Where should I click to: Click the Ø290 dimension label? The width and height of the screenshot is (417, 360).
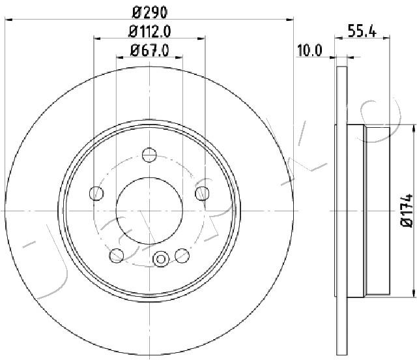pos(150,12)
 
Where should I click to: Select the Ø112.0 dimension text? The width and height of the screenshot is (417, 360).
pos(149,32)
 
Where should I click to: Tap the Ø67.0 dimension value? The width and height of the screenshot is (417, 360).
pos(149,50)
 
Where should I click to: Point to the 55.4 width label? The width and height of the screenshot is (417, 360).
pos(362,31)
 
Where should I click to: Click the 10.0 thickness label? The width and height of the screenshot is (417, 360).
pos(309,50)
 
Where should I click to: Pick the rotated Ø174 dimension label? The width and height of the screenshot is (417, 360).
pos(407,211)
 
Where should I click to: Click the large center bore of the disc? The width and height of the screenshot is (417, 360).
pos(149,211)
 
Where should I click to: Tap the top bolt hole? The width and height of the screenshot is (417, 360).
pos(149,155)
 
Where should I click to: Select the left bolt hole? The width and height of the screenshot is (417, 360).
pos(96,193)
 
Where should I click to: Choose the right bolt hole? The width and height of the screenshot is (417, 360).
pos(202,193)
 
